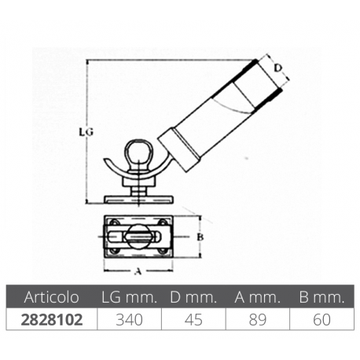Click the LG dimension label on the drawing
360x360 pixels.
[88, 133]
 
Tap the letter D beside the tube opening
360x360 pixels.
[278, 68]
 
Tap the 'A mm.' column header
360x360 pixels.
[256, 299]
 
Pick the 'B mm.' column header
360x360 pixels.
[320, 299]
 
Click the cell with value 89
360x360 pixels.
[256, 321]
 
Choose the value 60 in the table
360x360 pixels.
[320, 321]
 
